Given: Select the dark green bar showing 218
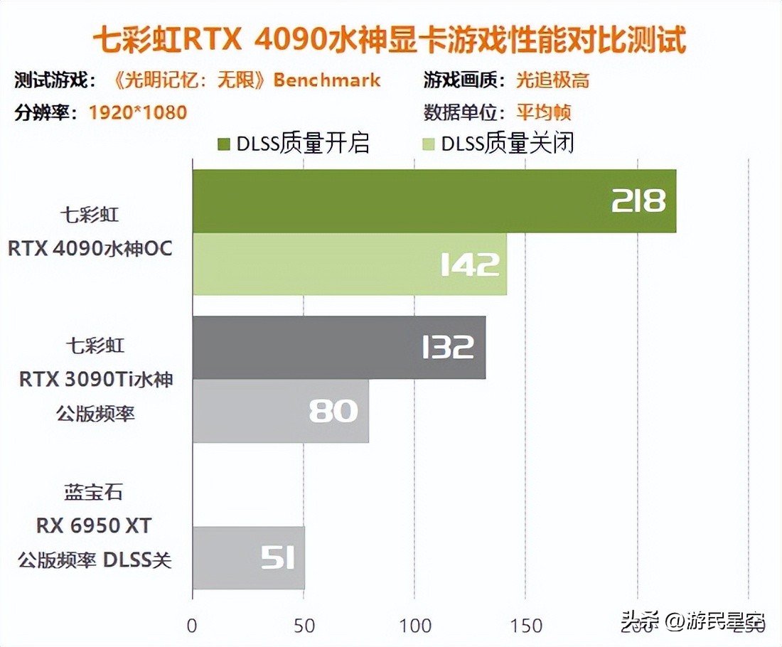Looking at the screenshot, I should (434, 201).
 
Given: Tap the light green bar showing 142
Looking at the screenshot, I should (349, 264).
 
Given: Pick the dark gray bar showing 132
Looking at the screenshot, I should (338, 348).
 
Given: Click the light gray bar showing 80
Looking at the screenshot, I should (280, 411).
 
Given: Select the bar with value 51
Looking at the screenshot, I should (248, 557).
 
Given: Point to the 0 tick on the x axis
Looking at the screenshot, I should (192, 626).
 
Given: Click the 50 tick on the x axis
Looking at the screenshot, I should (304, 626).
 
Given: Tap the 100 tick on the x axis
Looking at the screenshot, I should (415, 626).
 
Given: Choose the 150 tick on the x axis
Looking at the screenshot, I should (527, 626).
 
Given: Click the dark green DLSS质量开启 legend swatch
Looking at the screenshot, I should (223, 144).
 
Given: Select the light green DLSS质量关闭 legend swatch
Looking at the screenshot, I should (429, 144).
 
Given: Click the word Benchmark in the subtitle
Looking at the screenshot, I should (327, 80).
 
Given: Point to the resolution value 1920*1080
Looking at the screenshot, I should (138, 112).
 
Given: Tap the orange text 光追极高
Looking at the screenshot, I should (552, 80).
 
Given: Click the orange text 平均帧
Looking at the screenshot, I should (544, 112).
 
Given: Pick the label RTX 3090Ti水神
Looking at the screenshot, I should (96, 380).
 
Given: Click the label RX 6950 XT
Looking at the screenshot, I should (95, 526).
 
